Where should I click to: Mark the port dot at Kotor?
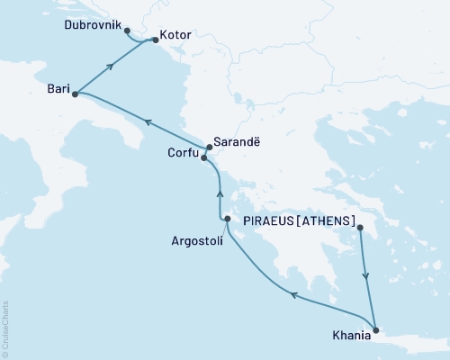click(x=155, y=40)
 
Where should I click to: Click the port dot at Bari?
click(x=75, y=93)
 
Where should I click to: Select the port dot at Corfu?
click(x=204, y=158)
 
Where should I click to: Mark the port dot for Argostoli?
click(x=227, y=219)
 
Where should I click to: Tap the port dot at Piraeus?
click(x=361, y=229)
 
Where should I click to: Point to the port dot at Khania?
click(x=375, y=329)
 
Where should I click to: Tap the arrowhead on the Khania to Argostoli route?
click(x=292, y=292)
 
